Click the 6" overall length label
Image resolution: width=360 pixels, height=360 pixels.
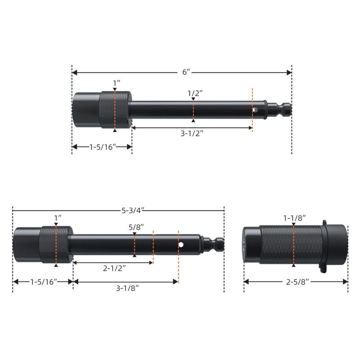[x=186, y=72]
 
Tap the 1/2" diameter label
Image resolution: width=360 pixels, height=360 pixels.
[x=193, y=93]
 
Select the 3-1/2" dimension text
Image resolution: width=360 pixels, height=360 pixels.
[x=192, y=133]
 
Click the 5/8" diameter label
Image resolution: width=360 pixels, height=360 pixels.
[x=135, y=227]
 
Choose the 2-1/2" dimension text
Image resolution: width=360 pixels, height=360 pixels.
[x=113, y=269]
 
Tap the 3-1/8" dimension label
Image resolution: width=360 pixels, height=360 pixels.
[x=128, y=288]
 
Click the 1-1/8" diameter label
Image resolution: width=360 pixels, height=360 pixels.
[x=293, y=218]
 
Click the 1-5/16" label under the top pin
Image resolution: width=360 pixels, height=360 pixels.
[x=102, y=147]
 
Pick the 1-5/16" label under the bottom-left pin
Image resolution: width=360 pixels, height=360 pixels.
[x=43, y=282]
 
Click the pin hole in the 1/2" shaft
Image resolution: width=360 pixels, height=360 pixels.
[x=256, y=110]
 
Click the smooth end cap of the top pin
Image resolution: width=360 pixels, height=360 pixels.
[x=85, y=109]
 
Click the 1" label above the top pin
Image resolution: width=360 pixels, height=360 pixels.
[x=116, y=83]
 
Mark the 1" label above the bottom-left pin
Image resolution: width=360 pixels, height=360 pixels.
[x=58, y=218]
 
